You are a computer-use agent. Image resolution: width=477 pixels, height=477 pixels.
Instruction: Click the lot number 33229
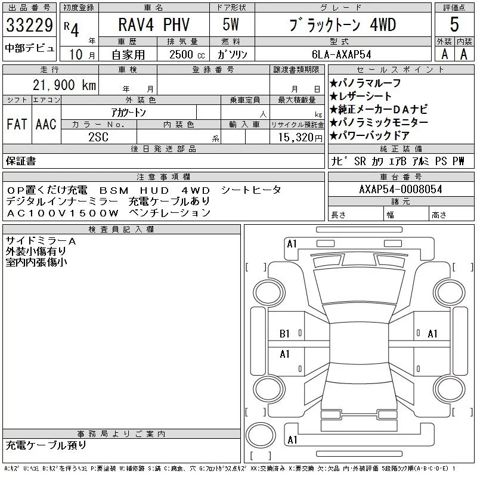pos(29,25)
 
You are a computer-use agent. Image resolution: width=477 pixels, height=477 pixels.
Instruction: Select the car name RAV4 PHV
pos(154,24)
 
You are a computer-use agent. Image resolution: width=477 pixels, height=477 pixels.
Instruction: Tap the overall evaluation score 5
pos(454,24)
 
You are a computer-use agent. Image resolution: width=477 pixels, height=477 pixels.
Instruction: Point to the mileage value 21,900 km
pos(64,85)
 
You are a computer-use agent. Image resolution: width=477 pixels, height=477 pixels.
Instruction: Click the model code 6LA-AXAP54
pos(342,54)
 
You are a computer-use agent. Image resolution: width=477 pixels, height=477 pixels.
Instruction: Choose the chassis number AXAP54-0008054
pos(401,189)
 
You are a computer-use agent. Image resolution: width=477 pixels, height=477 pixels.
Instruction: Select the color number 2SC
pos(98,137)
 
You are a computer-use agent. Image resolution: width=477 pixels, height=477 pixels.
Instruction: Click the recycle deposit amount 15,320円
pos(301,138)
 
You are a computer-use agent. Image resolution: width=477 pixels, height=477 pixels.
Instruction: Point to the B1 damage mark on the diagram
pos(284,334)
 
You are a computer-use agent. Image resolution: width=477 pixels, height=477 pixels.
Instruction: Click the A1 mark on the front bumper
pos(292,244)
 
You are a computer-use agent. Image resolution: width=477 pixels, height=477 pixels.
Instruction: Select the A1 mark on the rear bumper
pos(292,440)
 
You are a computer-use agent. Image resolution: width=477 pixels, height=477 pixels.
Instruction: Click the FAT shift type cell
pos(17,124)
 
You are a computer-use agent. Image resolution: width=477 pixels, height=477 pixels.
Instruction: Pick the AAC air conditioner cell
pos(46,124)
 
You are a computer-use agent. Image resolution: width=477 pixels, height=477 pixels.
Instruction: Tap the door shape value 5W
pos(231,24)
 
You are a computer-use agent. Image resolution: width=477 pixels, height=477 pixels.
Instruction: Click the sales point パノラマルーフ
pos(365,83)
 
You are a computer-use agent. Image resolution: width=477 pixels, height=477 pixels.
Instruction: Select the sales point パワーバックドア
pos(369,135)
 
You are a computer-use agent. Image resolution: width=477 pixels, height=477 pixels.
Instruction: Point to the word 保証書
pos(21,161)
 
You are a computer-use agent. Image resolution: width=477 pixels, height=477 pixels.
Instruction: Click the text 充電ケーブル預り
pos(46,445)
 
